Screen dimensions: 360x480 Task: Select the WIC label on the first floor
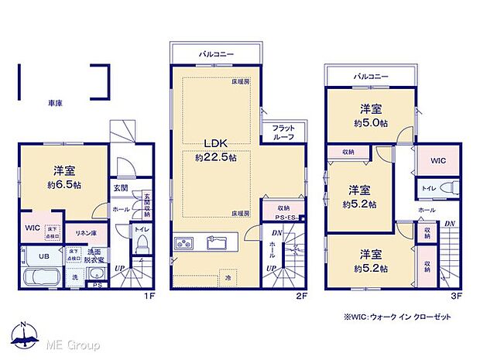click(32, 228)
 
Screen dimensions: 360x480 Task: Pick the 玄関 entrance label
click(121, 188)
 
